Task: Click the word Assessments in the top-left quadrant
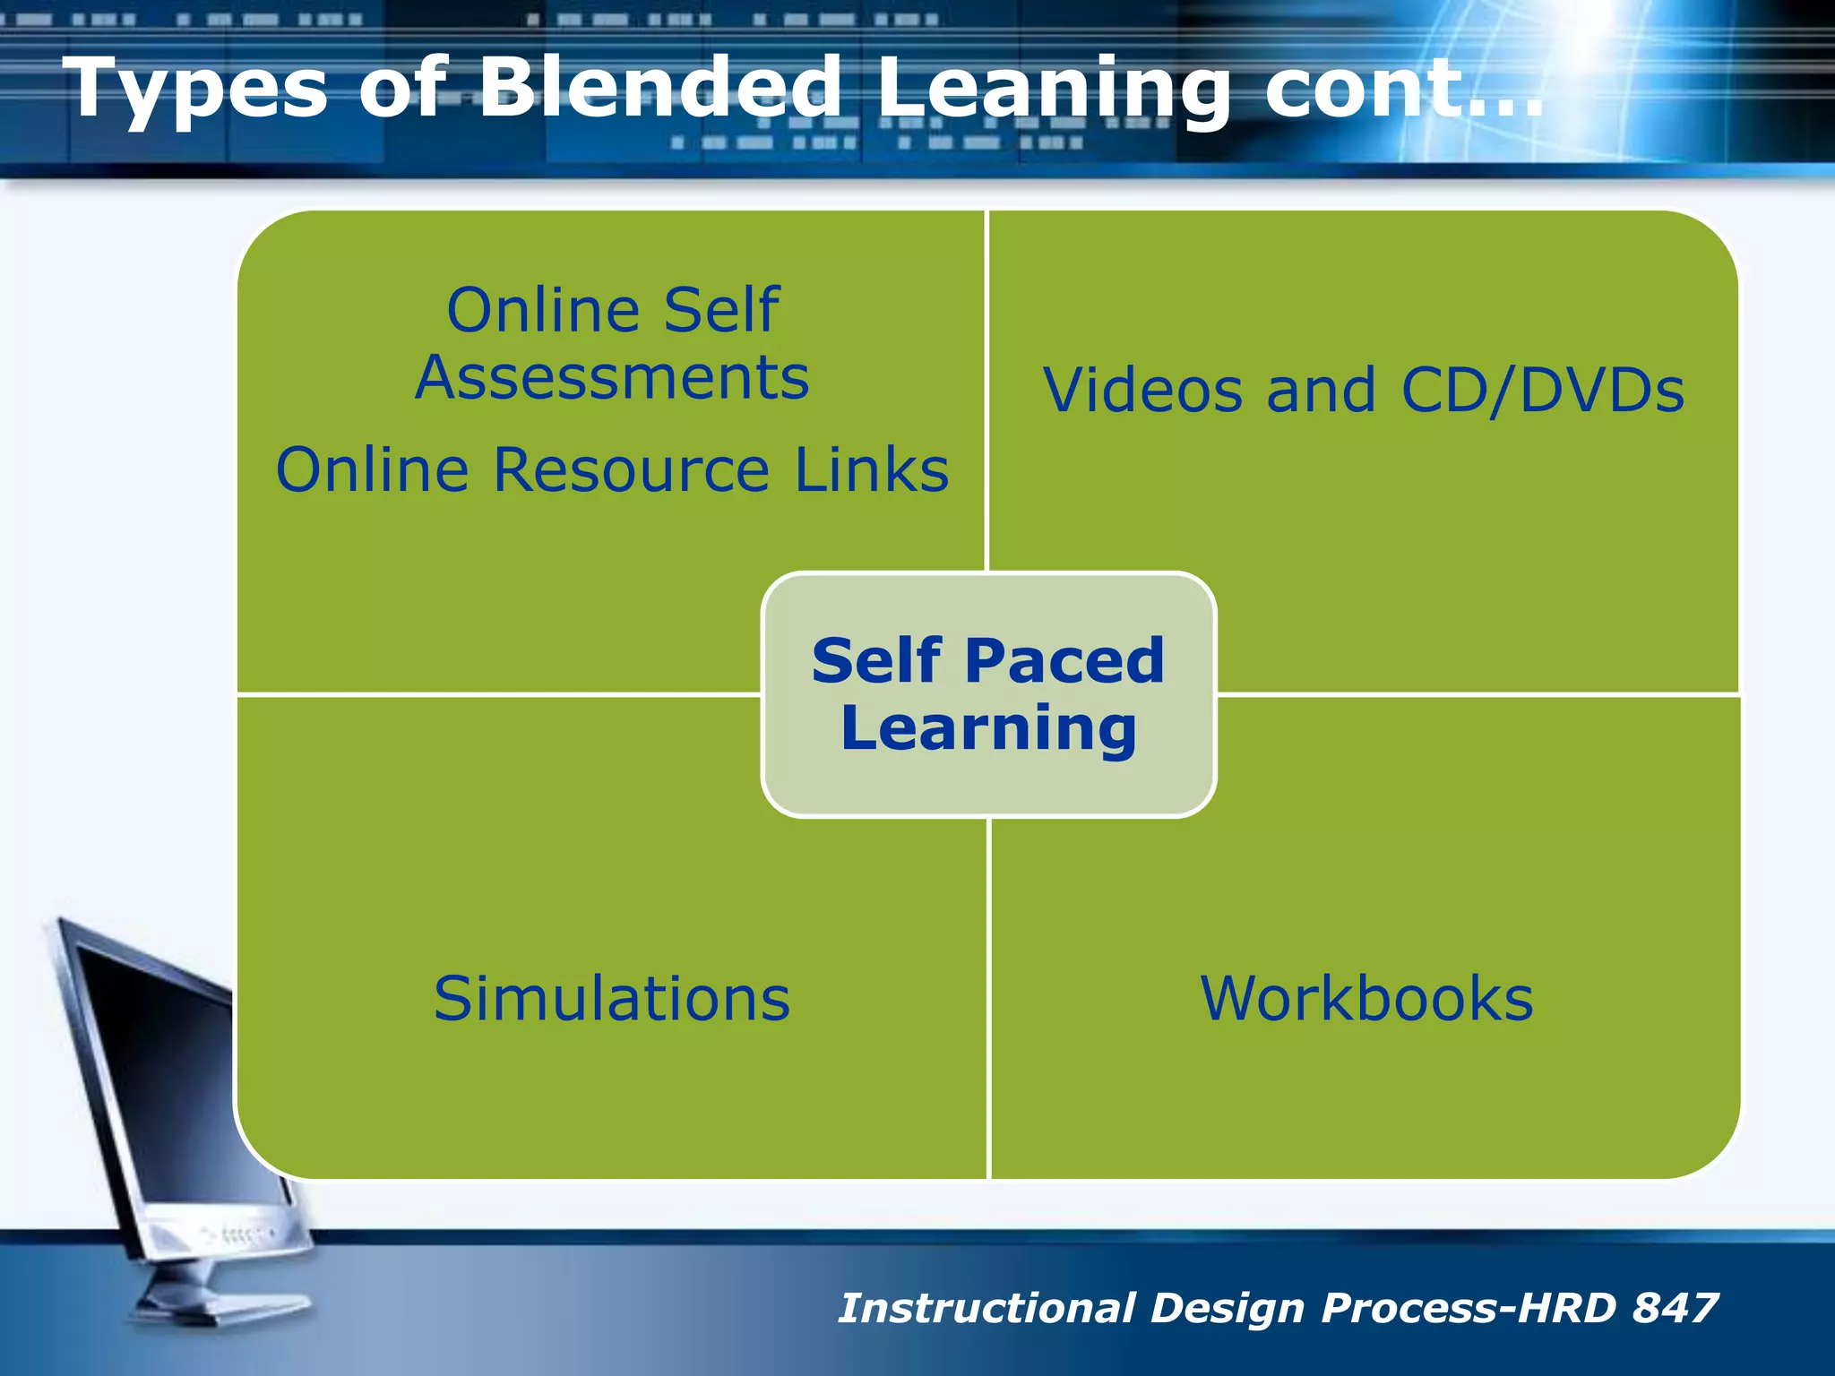[613, 377]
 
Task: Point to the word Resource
[631, 469]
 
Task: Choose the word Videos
[1142, 391]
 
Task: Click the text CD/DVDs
[1541, 392]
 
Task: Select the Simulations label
[612, 998]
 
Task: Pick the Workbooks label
[1366, 998]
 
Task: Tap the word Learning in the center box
[988, 728]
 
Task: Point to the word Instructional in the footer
[986, 1308]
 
